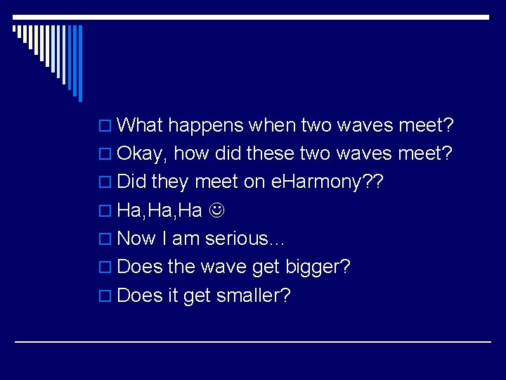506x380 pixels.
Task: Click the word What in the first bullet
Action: pos(140,126)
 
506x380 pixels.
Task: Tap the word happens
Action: pos(205,127)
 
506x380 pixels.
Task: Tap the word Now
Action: pos(137,239)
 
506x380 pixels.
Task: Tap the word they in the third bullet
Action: pos(169,182)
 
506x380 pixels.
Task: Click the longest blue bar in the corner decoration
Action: pos(80,63)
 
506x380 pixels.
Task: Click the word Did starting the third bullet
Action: pos(131,182)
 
